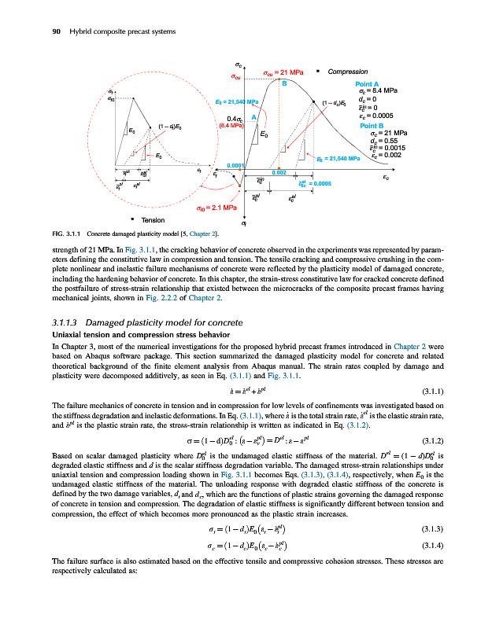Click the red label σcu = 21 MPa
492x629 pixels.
point(283,73)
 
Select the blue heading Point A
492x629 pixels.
point(368,83)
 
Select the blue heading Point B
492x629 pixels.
point(371,125)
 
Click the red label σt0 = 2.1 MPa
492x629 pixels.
point(216,208)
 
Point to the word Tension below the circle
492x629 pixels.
point(152,219)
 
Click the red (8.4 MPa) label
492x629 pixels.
point(230,124)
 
